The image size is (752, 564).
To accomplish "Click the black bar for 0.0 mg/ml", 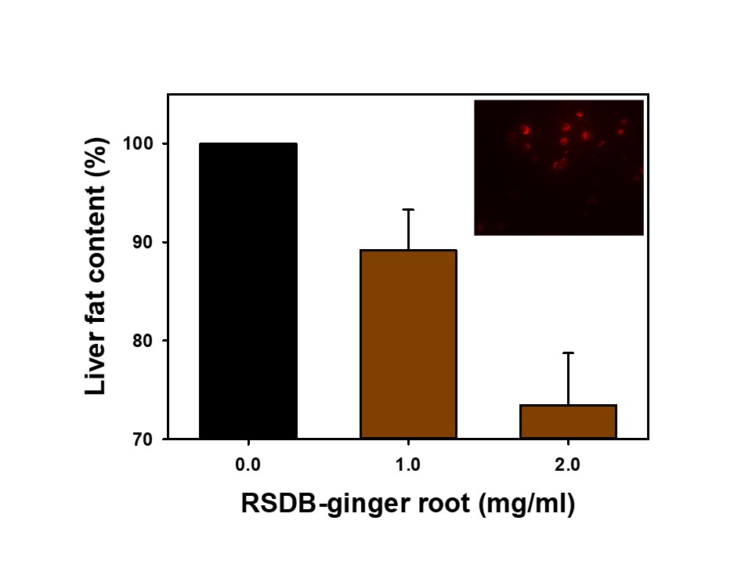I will pos(248,291).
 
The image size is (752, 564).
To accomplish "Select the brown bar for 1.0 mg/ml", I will pos(408,344).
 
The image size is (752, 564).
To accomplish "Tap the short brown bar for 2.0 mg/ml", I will pos(568,421).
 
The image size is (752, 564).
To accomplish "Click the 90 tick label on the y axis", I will pos(146,243).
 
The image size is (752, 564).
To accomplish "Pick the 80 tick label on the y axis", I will pos(146,341).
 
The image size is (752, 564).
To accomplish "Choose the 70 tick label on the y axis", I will pos(146,439).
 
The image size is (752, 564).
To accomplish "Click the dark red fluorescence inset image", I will pos(559,168).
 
